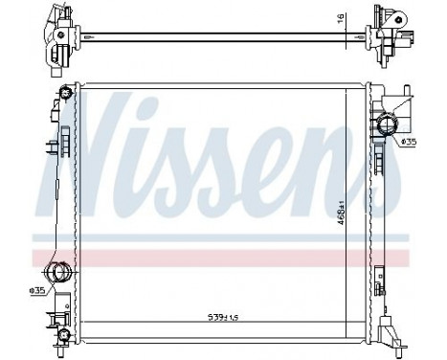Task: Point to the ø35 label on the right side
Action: [407, 143]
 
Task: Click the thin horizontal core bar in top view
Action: [220, 37]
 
